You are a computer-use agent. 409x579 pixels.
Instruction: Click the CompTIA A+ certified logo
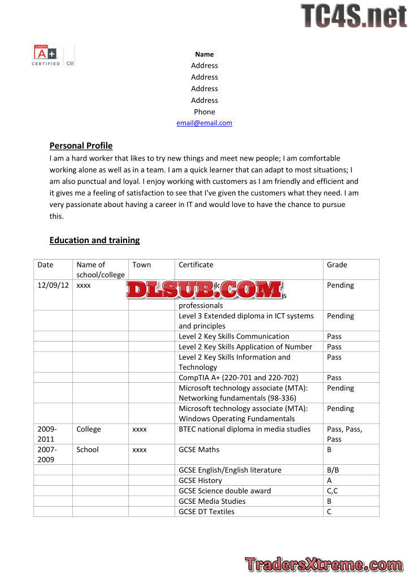[x=53, y=55]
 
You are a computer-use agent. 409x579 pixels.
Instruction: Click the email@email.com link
[x=204, y=123]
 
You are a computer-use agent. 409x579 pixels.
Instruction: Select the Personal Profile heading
[x=81, y=145]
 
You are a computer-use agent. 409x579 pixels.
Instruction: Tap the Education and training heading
[x=94, y=240]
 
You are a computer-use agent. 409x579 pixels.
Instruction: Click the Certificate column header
[x=196, y=265]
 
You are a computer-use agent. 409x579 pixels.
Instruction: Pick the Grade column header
[x=337, y=265]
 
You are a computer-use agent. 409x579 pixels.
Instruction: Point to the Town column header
[x=142, y=265]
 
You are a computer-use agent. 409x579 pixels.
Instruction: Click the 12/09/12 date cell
[x=53, y=286]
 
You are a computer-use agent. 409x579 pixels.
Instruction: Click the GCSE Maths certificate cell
[x=199, y=450]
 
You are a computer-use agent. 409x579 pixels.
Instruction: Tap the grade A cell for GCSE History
[x=329, y=480]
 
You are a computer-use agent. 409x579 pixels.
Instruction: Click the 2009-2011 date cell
[x=47, y=434]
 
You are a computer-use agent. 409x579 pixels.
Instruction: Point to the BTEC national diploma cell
[x=245, y=429]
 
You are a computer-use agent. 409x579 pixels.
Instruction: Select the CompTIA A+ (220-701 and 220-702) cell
[x=238, y=377]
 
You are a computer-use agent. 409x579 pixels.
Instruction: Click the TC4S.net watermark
[x=353, y=15]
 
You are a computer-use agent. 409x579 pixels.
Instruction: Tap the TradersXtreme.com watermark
[x=324, y=564]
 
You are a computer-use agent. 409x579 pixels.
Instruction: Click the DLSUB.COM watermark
[x=204, y=289]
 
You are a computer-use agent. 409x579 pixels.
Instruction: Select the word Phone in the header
[x=204, y=111]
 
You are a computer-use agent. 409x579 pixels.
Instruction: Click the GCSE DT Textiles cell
[x=207, y=512]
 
